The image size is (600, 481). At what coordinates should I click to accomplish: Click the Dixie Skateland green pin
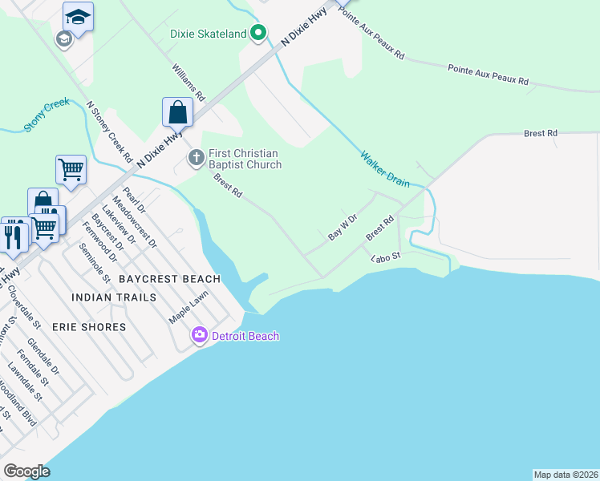tap(257, 34)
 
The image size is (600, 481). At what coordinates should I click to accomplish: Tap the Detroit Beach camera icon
tap(200, 335)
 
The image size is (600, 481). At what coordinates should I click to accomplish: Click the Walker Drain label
tap(384, 169)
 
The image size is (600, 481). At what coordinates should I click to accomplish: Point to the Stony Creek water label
tap(47, 115)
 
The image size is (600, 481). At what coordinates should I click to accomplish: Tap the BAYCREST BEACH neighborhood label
tap(169, 279)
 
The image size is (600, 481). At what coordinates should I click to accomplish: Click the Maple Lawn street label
tap(188, 307)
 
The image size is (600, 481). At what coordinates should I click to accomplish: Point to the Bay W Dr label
tap(342, 228)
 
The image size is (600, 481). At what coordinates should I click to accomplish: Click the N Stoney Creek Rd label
tap(110, 132)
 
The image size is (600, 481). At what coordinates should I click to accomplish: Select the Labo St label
tap(385, 258)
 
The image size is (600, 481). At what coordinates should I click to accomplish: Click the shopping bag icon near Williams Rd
tap(177, 112)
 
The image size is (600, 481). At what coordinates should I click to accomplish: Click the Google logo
tap(26, 471)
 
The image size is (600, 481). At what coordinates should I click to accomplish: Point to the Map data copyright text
tap(566, 475)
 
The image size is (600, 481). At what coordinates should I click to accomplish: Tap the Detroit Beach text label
tap(245, 336)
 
